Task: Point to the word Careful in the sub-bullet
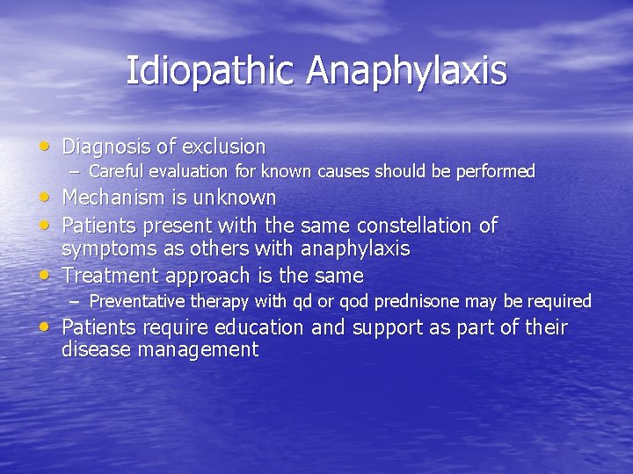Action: (117, 171)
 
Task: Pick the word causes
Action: (345, 171)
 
